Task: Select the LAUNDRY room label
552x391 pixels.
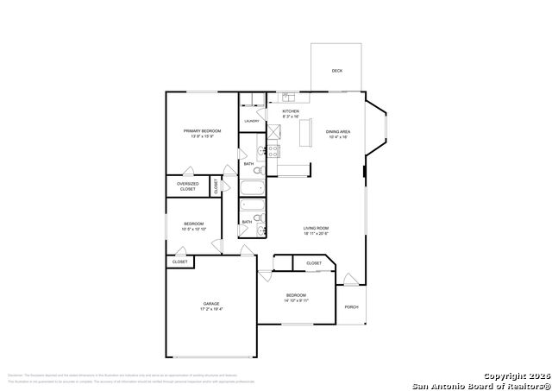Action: (251, 122)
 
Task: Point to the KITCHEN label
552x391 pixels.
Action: (291, 112)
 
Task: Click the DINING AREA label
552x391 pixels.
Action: (337, 131)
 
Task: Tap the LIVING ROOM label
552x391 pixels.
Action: (317, 228)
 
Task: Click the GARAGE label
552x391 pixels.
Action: (211, 304)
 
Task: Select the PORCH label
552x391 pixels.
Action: (351, 306)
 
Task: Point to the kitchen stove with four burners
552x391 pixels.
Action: (273, 151)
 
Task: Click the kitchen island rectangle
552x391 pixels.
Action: (304, 134)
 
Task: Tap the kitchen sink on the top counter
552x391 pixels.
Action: (288, 98)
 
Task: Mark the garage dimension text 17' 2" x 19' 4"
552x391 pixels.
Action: (211, 309)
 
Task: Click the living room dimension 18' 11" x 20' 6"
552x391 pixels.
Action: (317, 233)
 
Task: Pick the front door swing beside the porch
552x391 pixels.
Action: (349, 280)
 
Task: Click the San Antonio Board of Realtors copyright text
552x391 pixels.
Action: (479, 383)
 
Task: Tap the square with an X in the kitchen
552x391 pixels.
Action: (274, 131)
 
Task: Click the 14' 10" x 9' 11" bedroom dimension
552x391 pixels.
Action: (297, 300)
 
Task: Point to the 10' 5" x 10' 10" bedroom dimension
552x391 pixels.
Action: (193, 230)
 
